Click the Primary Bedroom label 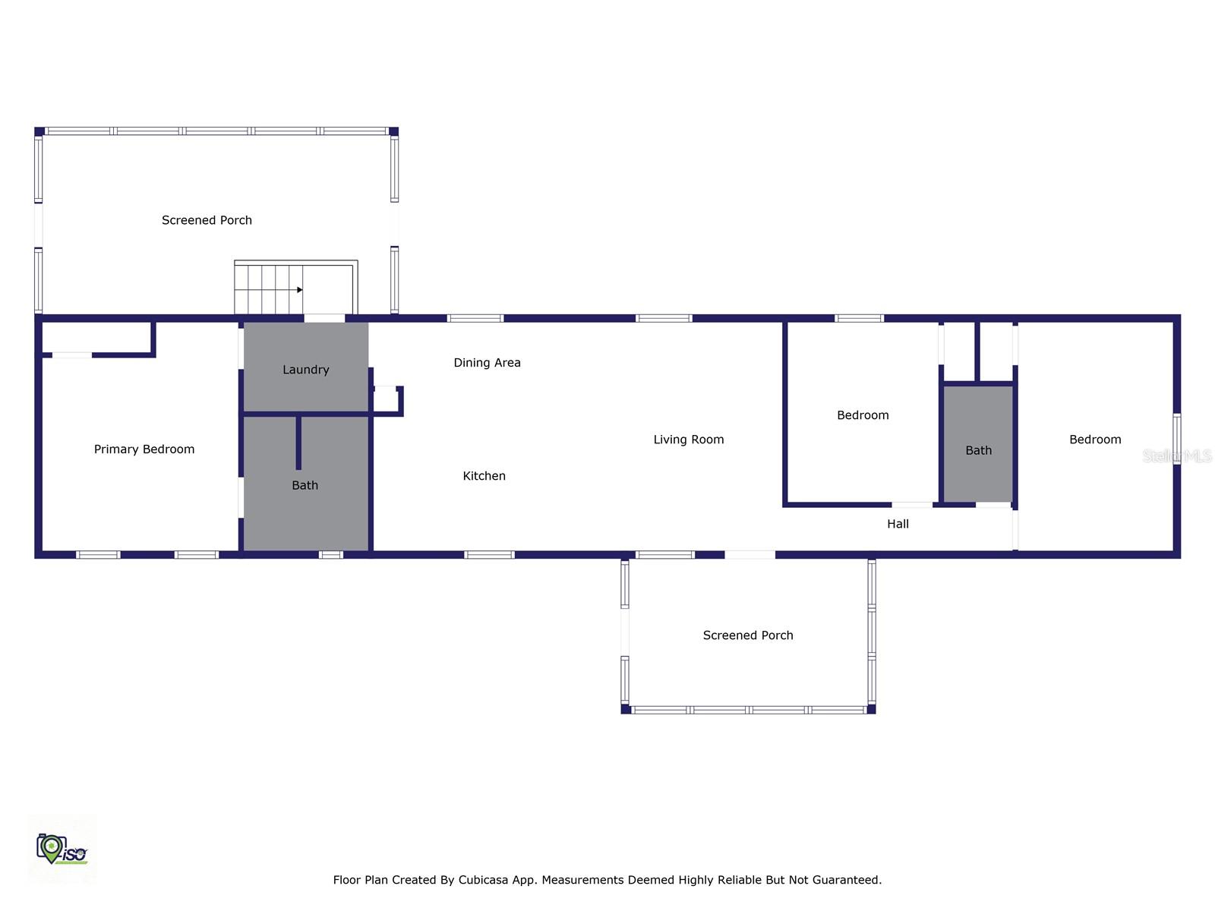[x=144, y=449]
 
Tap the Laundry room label [x=306, y=370]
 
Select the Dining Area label [x=487, y=363]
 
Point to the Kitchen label [x=484, y=476]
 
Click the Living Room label [x=689, y=440]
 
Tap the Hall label [x=898, y=524]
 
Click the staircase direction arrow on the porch [x=299, y=290]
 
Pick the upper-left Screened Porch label [x=207, y=220]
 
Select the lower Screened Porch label [x=748, y=635]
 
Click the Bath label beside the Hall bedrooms [x=978, y=451]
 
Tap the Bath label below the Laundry [x=305, y=485]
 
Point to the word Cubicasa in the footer [x=484, y=880]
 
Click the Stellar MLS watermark [x=1176, y=455]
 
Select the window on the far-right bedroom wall [x=1176, y=438]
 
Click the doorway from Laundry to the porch [x=324, y=318]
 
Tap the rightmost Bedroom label [x=1095, y=440]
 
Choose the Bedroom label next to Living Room [x=863, y=415]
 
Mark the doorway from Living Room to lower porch [x=750, y=555]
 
